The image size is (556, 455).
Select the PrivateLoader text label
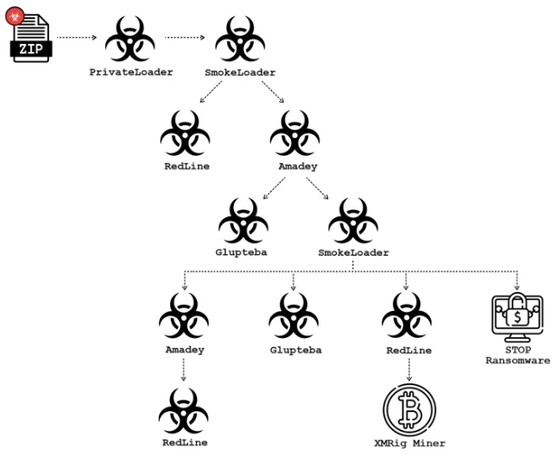pos(131,72)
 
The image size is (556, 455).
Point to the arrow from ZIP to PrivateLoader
pos(79,38)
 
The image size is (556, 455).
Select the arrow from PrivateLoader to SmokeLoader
pos(186,38)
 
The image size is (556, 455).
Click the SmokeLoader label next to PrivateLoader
pos(241,72)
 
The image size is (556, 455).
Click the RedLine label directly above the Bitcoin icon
pos(407,352)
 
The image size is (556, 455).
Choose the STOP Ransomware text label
pos(516,356)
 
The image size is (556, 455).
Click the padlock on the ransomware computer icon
pos(516,304)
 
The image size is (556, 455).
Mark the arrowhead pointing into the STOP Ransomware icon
pos(516,286)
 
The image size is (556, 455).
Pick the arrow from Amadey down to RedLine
pos(184,371)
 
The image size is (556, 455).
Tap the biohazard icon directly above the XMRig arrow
pos(407,315)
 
